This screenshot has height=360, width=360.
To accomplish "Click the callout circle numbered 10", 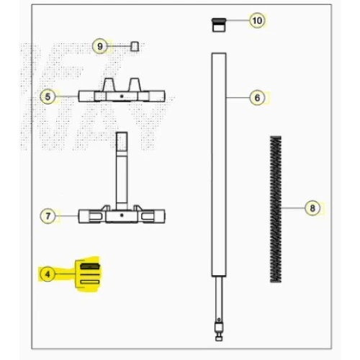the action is (257, 21).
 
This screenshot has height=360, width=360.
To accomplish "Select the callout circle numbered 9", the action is (100, 46).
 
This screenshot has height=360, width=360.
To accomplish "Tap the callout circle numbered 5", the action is (48, 96).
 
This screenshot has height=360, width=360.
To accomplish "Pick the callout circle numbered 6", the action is (257, 98).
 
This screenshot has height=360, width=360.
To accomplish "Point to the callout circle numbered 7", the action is (48, 216).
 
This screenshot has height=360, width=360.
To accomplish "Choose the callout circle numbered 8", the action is (312, 208).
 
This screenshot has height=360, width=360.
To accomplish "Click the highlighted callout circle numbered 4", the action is (48, 274).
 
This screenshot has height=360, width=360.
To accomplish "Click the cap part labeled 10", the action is (219, 25).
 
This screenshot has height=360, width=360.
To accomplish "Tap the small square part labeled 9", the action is (135, 46).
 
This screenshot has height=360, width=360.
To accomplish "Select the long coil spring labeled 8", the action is (276, 209).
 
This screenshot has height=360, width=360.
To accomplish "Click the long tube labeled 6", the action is (219, 165).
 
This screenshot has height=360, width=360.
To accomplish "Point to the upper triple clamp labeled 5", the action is (122, 90).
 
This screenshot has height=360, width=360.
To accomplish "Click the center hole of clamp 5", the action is (122, 96).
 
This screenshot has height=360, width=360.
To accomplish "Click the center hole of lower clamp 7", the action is (122, 215).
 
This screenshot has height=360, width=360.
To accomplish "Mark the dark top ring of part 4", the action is (90, 266).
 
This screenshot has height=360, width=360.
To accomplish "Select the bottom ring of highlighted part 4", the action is (90, 282).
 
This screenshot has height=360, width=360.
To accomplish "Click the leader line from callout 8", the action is (293, 208).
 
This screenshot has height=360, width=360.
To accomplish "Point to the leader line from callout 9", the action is (119, 46).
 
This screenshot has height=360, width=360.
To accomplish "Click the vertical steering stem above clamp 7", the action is (122, 171).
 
